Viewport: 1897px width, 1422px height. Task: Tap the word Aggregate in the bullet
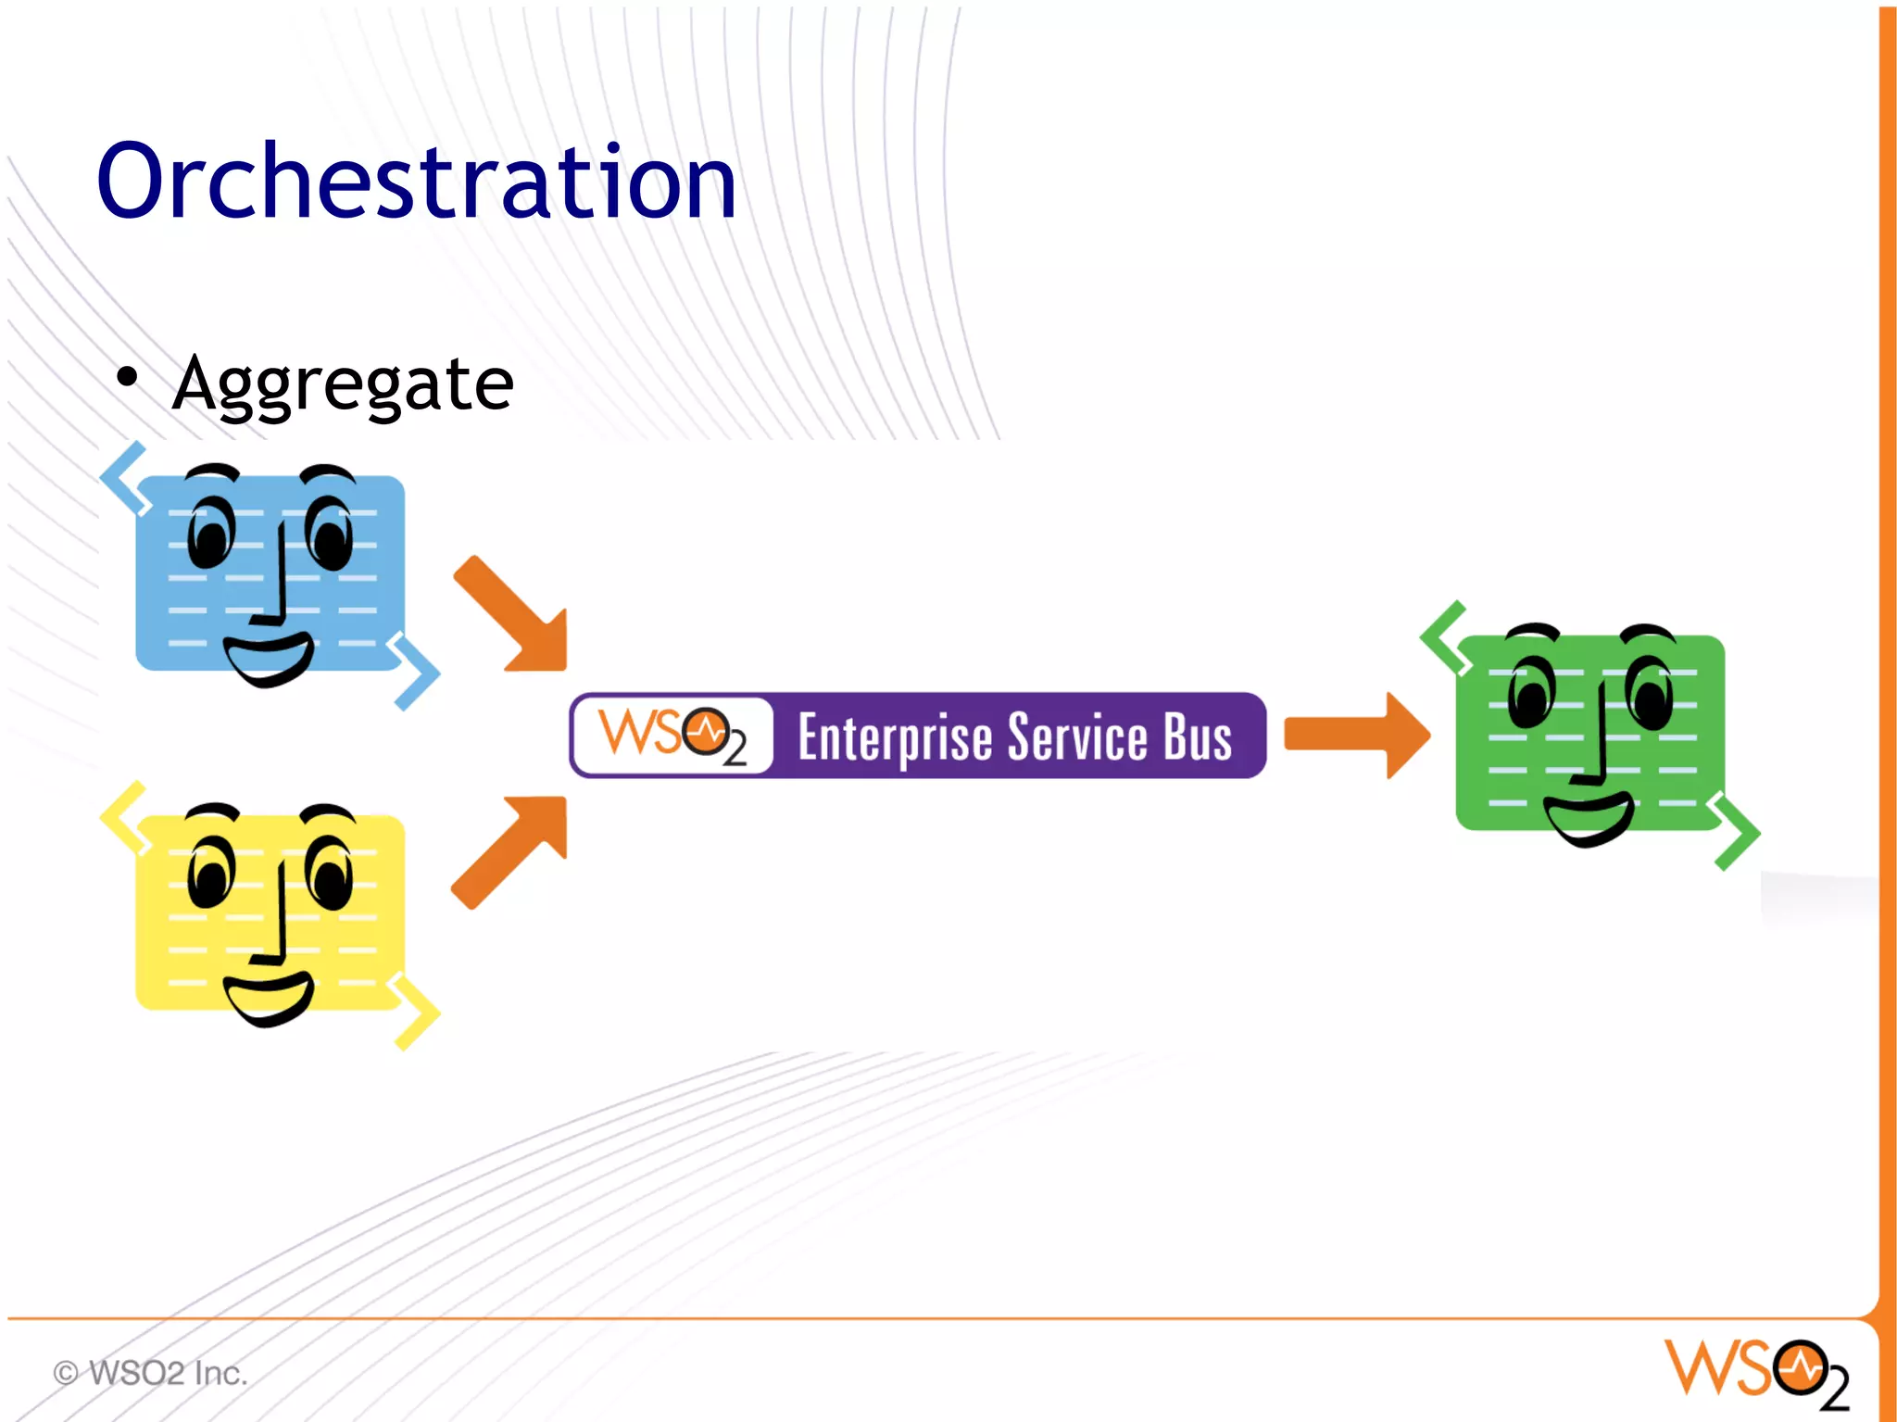(x=343, y=384)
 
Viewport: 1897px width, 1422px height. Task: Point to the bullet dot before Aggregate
(x=127, y=377)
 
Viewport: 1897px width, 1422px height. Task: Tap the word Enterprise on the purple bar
(x=894, y=737)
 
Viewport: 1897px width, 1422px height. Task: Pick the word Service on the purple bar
(x=1077, y=737)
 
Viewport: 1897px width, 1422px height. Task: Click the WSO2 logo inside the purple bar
(x=672, y=736)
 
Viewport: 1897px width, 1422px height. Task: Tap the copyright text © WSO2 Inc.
(x=150, y=1372)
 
